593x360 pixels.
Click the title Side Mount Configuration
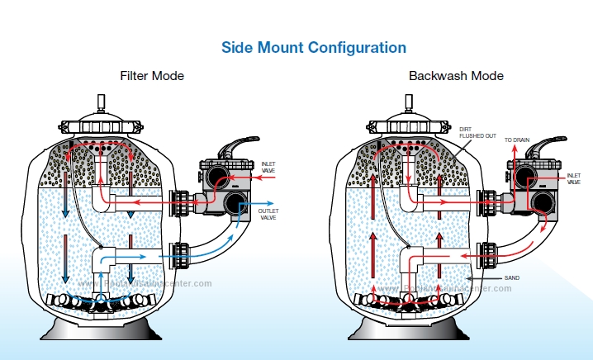coord(313,47)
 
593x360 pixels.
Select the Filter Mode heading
coord(152,76)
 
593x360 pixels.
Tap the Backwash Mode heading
coord(456,76)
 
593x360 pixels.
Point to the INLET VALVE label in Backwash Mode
coord(574,178)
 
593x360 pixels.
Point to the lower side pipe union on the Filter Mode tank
coord(179,255)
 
